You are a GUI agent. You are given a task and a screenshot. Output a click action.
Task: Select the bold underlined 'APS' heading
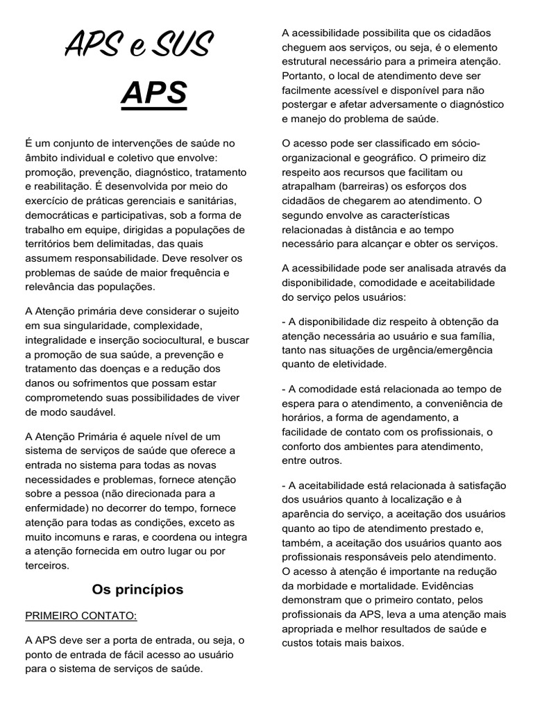point(153,93)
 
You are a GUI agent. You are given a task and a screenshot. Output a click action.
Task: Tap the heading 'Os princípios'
point(137,589)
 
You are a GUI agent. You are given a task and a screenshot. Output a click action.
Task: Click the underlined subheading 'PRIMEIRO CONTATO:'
point(81,615)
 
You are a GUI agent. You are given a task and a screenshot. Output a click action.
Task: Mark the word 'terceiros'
point(46,565)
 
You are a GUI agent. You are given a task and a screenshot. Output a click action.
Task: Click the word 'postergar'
point(305,104)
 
